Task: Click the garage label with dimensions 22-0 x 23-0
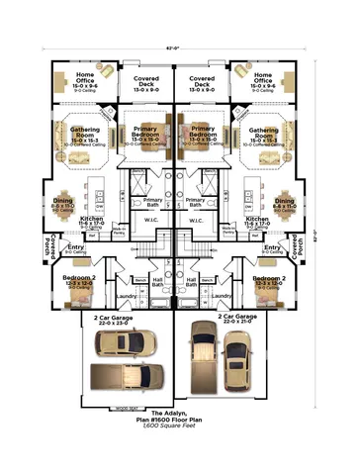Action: pyautogui.click(x=114, y=320)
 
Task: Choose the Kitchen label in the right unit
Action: pyautogui.click(x=258, y=222)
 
